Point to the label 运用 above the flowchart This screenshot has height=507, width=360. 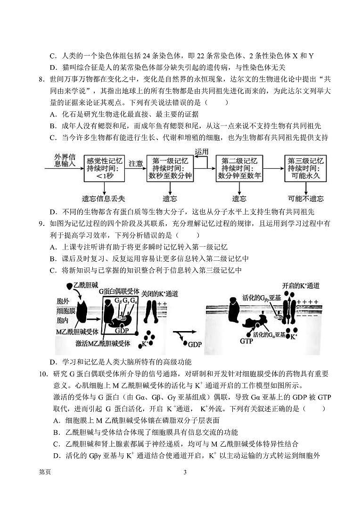[x=201, y=151]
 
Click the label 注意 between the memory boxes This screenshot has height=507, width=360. [x=136, y=163]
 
